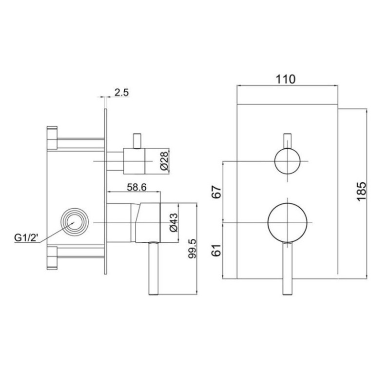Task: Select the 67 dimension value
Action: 217,191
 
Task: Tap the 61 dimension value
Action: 217,251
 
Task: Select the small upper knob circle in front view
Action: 288,161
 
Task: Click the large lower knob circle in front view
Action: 288,222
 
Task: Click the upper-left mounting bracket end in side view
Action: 52,137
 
